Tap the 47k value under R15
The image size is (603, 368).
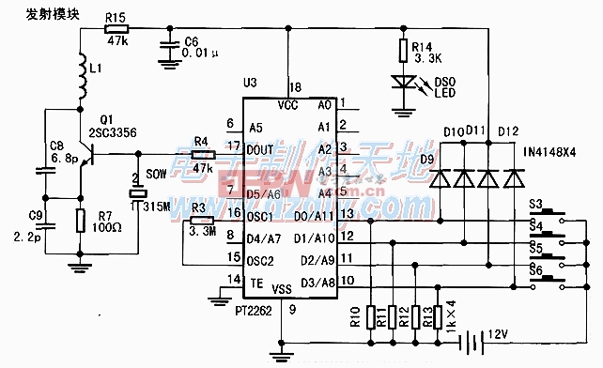tap(116, 42)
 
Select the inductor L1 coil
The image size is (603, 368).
tap(80, 79)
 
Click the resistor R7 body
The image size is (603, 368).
tap(81, 221)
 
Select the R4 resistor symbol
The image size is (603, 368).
tap(199, 153)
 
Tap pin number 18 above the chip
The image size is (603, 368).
tap(295, 85)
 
